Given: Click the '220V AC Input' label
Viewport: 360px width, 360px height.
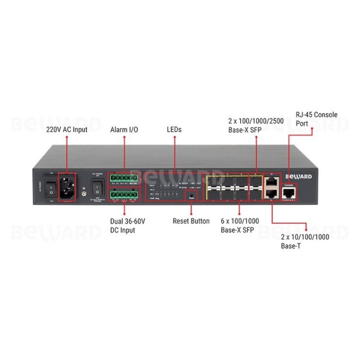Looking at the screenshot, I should coord(67,130).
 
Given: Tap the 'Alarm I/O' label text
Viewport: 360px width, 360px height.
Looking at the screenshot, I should coord(124,130).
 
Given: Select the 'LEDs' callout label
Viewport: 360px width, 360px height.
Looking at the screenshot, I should coord(174,130).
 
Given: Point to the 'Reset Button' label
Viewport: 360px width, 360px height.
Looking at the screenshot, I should coord(191,221).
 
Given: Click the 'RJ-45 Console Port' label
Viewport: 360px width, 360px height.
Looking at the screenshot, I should coord(316,119).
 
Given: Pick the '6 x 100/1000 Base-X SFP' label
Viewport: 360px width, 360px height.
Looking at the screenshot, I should coord(240,226).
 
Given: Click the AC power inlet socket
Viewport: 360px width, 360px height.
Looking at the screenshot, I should coord(67,187).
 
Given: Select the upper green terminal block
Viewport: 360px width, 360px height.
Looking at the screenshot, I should coord(124,179).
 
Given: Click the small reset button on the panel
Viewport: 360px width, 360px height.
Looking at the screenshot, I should coord(191,196).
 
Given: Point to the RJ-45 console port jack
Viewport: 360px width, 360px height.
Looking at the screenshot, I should coord(289,194).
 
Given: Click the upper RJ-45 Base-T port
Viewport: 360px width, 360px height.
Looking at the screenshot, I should coord(271,182).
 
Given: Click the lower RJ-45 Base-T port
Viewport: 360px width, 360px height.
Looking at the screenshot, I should coord(271,195).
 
